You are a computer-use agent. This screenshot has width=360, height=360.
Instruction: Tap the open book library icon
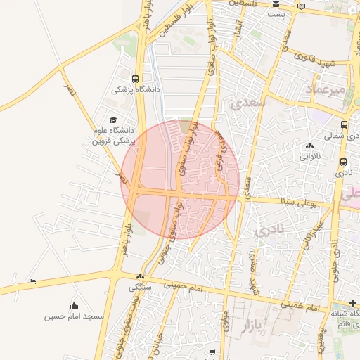(302, 6)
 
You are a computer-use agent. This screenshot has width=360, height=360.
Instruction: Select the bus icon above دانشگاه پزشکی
(135, 79)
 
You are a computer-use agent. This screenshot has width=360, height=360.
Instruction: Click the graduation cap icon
(114, 120)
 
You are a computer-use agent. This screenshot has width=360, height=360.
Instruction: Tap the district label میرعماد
(326, 90)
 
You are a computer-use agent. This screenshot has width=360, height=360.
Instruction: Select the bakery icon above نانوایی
(309, 146)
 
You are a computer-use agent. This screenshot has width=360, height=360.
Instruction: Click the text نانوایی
(309, 155)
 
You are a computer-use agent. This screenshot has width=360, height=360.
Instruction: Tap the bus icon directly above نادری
(342, 162)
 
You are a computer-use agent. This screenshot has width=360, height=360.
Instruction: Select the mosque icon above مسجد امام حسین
(74, 305)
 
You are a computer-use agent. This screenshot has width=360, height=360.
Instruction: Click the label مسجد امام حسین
(74, 316)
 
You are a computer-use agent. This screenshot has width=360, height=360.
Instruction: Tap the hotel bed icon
(32, 282)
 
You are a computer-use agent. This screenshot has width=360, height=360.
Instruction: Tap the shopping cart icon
(211, 351)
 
